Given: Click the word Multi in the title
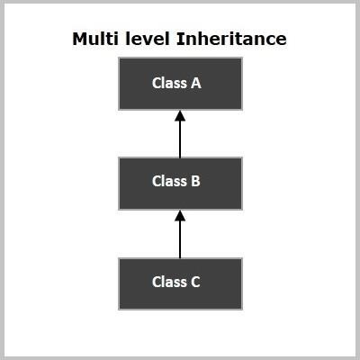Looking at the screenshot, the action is click(x=95, y=39).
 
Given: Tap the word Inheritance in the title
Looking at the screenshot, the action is click(x=231, y=39).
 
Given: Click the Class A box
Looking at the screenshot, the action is click(x=180, y=84).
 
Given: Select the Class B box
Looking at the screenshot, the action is click(x=180, y=184).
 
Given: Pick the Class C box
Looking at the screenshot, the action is click(x=180, y=283).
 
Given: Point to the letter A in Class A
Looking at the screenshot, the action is click(x=195, y=83).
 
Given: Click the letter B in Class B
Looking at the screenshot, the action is click(x=195, y=181).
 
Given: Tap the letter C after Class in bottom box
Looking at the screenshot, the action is click(x=195, y=282).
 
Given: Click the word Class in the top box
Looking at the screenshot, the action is click(x=169, y=83).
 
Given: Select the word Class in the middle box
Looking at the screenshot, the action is click(x=169, y=181).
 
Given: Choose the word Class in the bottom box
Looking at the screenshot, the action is click(x=169, y=282).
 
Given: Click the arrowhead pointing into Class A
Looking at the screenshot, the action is click(x=180, y=116).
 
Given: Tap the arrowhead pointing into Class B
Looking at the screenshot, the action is click(x=180, y=216).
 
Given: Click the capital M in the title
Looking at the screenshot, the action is click(x=80, y=39).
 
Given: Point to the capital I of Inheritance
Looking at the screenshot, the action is click(x=179, y=39).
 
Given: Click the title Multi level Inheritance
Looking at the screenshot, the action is click(x=179, y=39).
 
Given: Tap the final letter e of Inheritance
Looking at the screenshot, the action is click(x=282, y=40).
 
